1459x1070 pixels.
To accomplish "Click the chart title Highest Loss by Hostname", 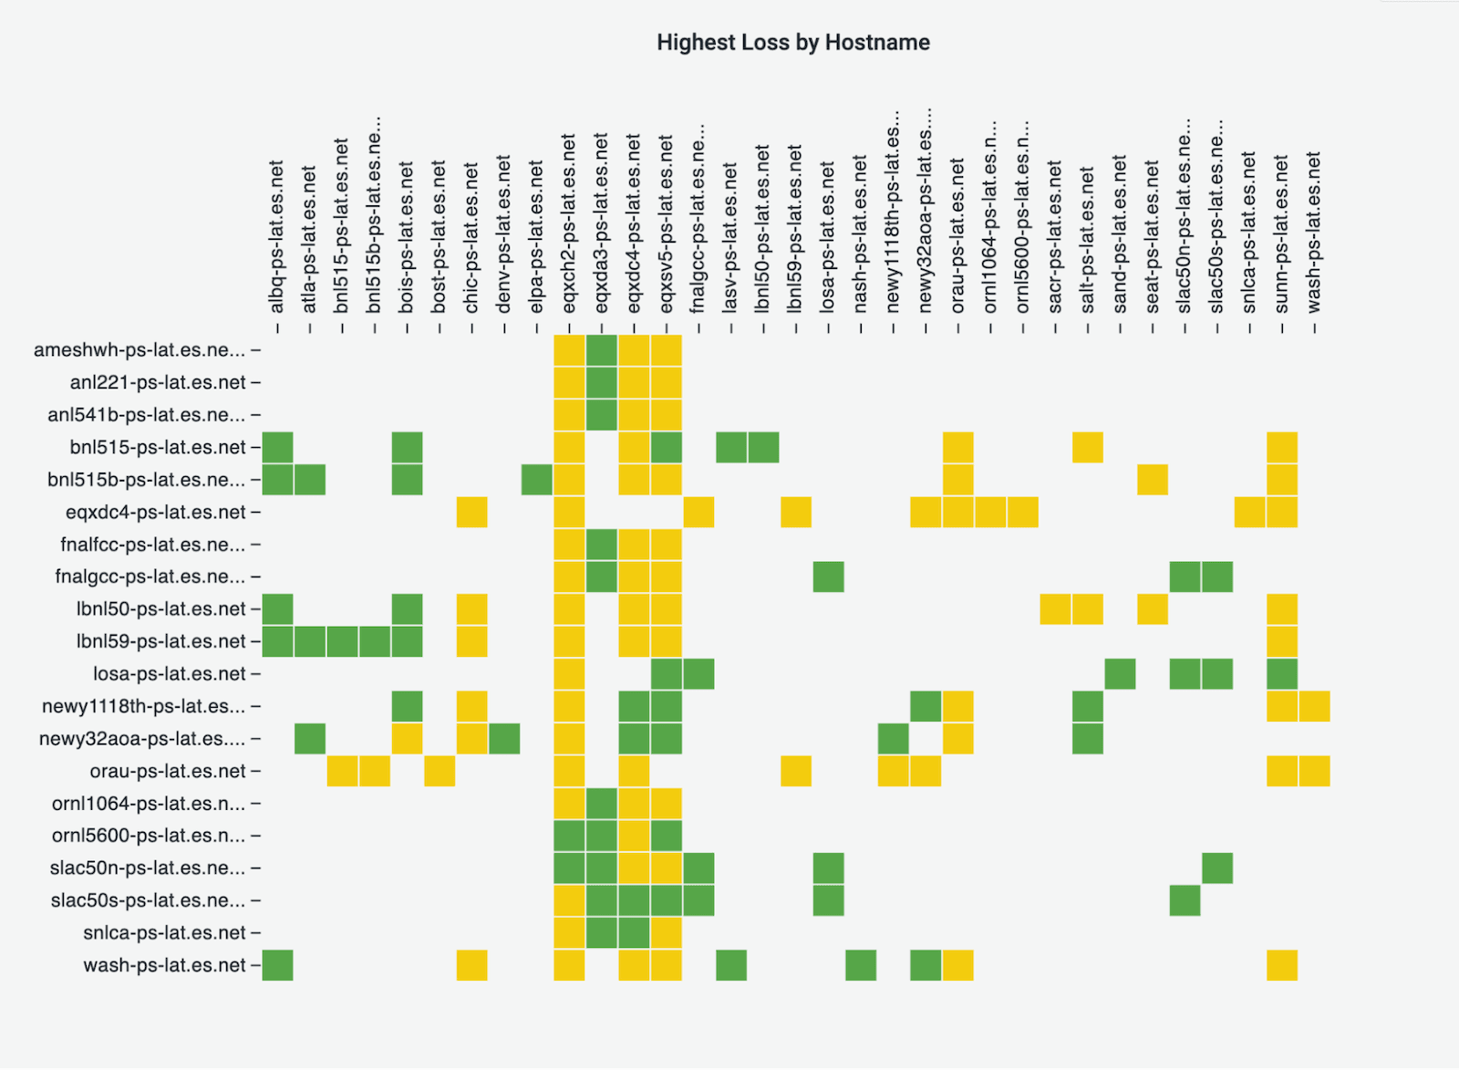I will click(x=792, y=43).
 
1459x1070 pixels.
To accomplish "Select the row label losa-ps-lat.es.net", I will click(x=170, y=674).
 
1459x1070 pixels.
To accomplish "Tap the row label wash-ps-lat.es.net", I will click(x=165, y=965).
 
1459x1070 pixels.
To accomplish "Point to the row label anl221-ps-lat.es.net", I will click(x=158, y=382).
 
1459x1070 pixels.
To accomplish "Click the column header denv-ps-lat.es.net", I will click(x=504, y=234).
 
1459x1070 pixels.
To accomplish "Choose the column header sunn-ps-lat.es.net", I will click(x=1281, y=234).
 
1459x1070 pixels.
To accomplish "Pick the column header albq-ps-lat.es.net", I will click(x=277, y=237).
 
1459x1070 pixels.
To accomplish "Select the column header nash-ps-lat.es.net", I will click(x=860, y=234).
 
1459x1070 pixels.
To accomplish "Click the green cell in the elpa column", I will click(x=537, y=480).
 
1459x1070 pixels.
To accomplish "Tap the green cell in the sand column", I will click(x=1120, y=674).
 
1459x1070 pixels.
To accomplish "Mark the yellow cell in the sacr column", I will click(x=1055, y=609).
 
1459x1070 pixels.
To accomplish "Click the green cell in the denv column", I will click(x=504, y=739).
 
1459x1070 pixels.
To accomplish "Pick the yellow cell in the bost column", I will click(x=440, y=771).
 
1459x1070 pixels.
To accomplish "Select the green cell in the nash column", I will click(x=860, y=965).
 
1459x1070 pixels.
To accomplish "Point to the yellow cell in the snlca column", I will click(x=1249, y=513).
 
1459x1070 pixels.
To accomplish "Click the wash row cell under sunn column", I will click(x=1281, y=965).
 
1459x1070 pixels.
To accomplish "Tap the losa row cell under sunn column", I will click(x=1281, y=674).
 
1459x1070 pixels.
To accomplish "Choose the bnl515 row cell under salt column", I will click(x=1087, y=448).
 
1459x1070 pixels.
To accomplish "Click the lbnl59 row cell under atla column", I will click(x=310, y=641).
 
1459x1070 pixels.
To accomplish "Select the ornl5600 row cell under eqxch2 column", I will click(x=569, y=836).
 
